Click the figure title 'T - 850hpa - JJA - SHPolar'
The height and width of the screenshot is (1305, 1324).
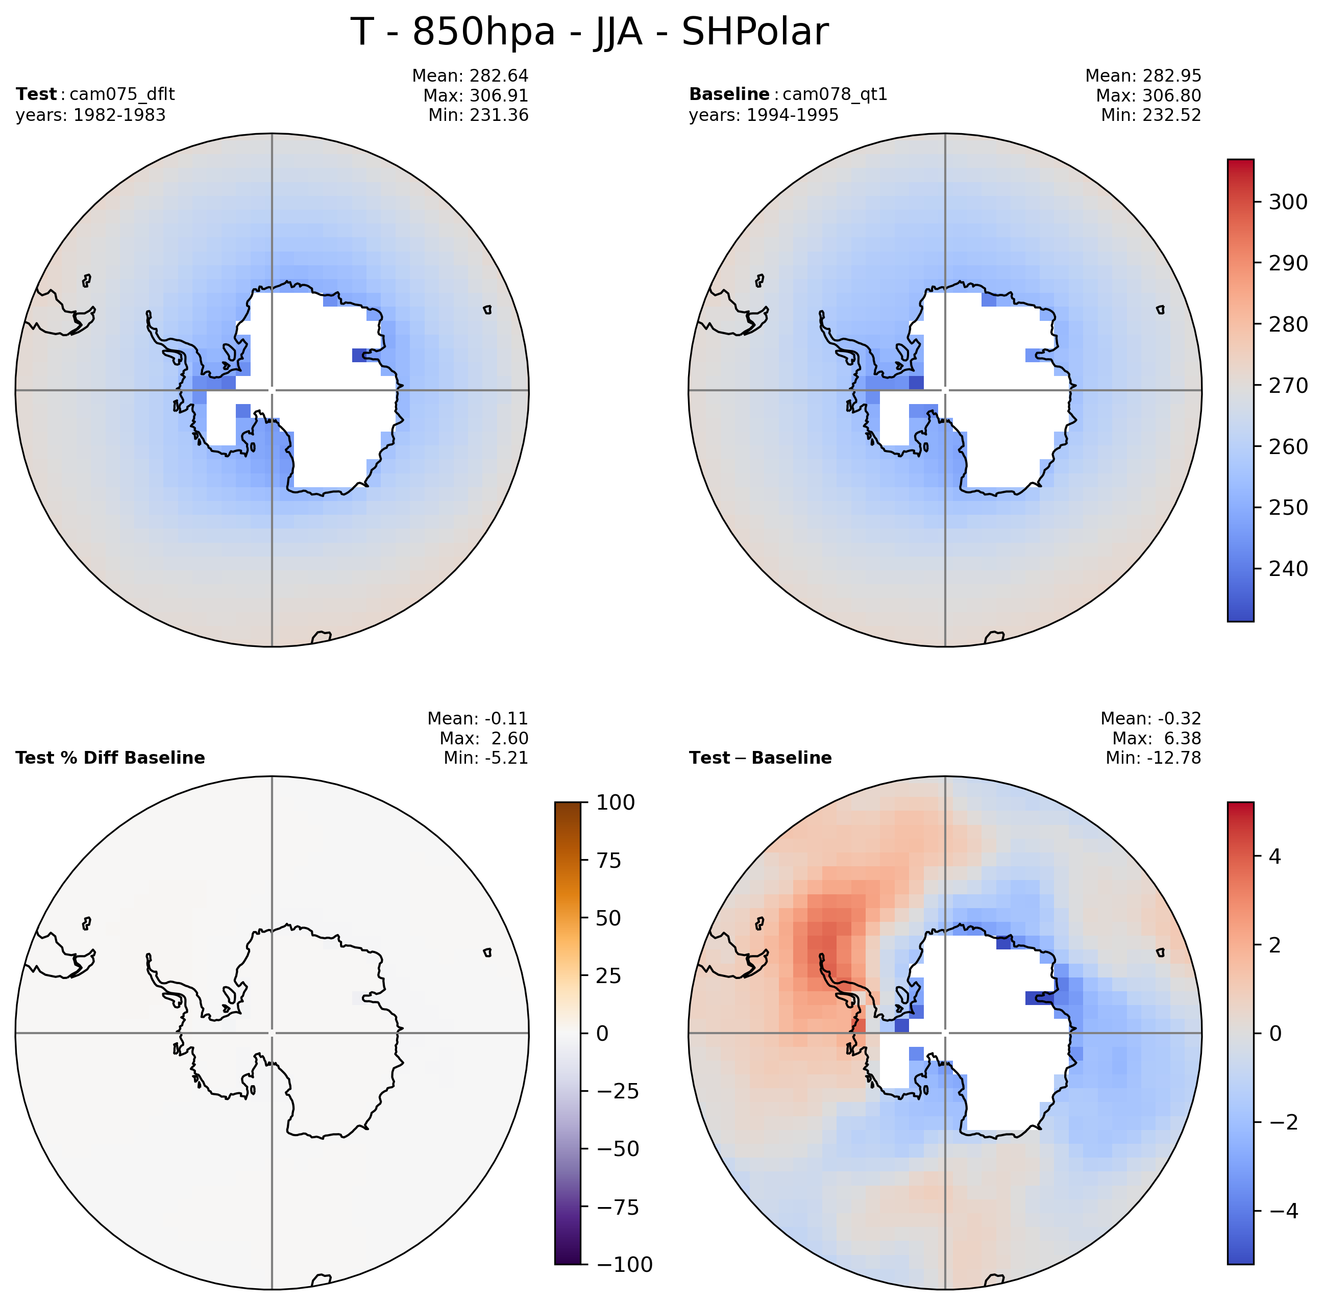point(590,32)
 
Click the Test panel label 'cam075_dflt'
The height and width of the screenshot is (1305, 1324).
point(122,94)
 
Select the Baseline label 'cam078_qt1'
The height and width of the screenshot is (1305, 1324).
point(835,94)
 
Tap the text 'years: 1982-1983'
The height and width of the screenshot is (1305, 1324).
point(90,115)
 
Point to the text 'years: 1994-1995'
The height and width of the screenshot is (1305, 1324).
point(764,115)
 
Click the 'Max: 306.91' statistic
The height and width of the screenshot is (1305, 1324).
point(476,95)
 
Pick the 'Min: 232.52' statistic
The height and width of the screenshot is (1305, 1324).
point(1151,115)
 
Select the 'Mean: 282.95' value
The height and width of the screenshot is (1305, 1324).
point(1143,76)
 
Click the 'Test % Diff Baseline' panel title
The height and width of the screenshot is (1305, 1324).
point(110,758)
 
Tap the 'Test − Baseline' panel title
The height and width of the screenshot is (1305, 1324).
point(760,758)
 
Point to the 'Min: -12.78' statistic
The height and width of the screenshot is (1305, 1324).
point(1154,758)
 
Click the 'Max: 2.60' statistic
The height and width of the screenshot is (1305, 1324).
point(484,738)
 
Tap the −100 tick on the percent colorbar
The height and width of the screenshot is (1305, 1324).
point(621,1264)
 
